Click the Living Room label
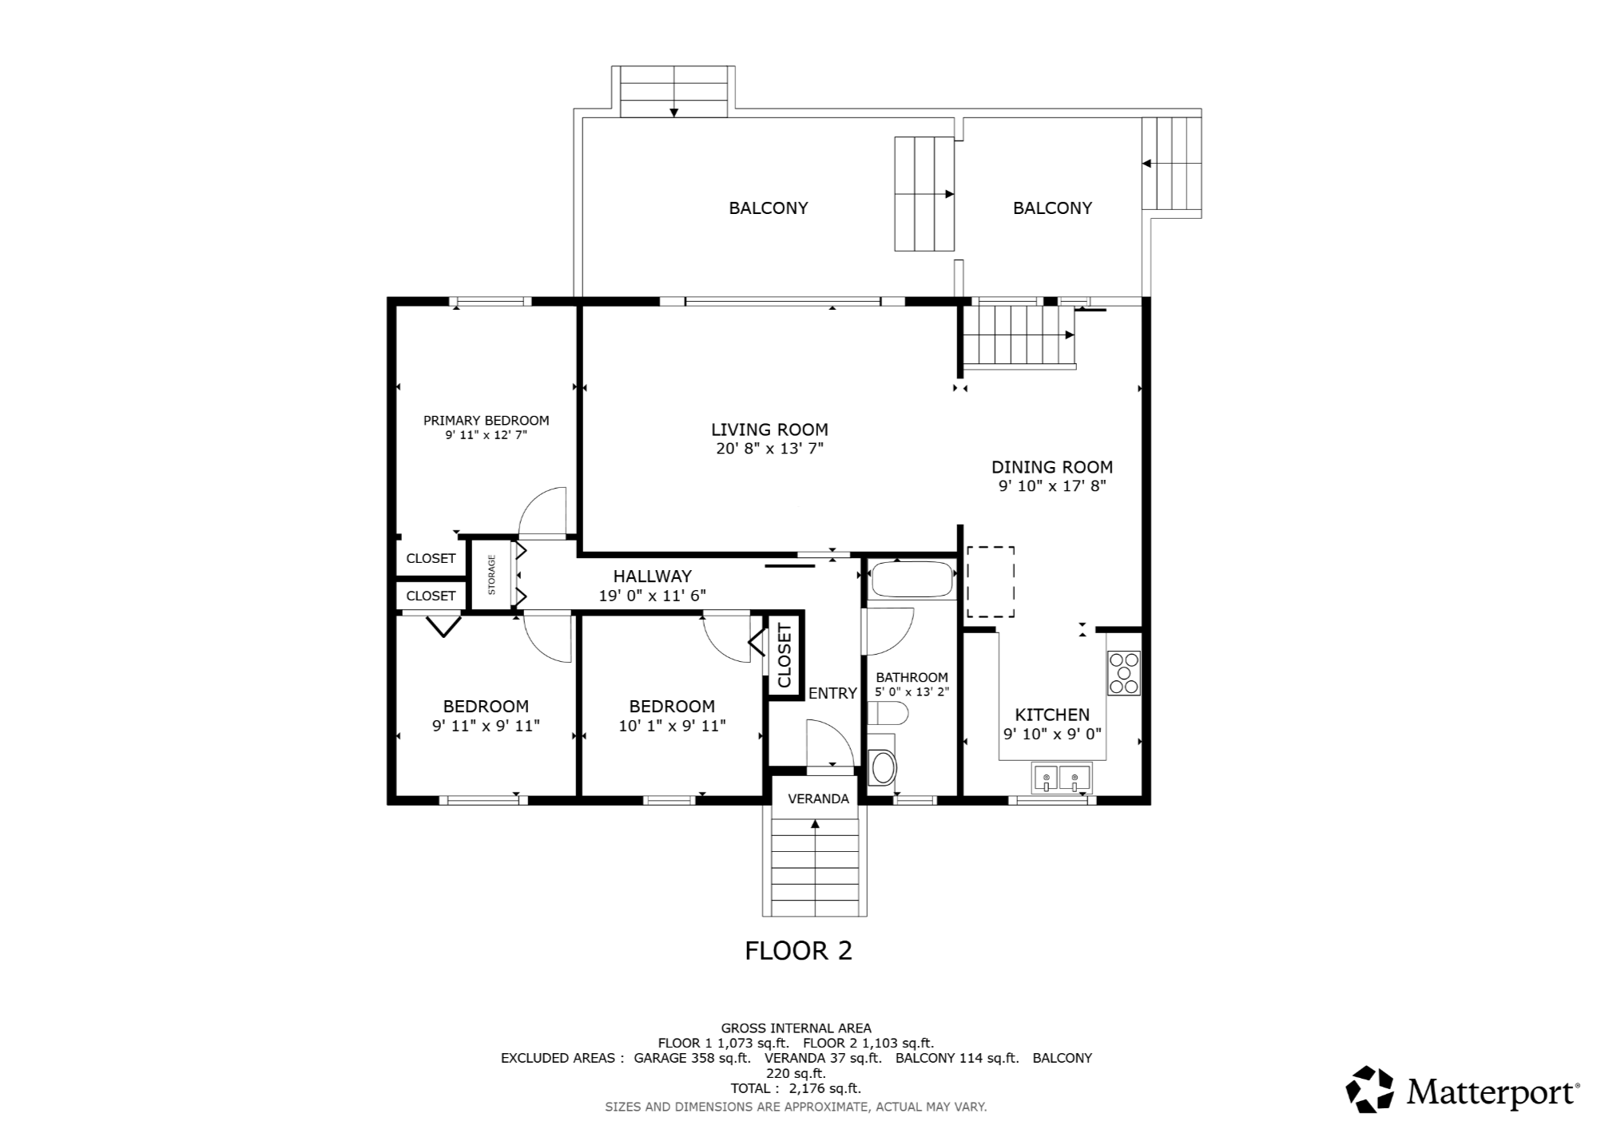point(769,430)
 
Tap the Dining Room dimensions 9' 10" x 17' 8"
point(1051,485)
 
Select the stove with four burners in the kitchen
point(1123,673)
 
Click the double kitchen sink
point(1062,778)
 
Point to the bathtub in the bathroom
point(912,580)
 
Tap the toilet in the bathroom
point(887,714)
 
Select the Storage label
point(491,575)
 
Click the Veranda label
point(818,798)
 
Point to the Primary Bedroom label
point(486,421)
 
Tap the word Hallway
point(652,576)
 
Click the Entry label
point(832,693)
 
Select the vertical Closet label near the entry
point(784,656)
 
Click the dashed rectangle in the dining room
point(991,582)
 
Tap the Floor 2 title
point(798,950)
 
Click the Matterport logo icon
point(1369,1089)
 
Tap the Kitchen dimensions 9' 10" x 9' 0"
point(1051,734)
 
